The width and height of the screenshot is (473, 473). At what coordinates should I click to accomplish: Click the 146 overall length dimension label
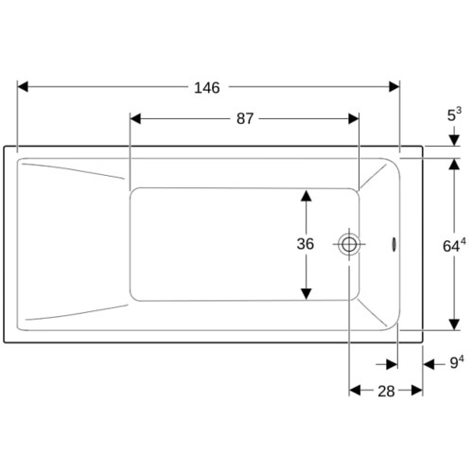207,88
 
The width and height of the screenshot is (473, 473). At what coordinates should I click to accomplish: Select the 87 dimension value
245,119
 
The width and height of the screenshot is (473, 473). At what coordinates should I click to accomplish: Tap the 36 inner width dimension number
306,244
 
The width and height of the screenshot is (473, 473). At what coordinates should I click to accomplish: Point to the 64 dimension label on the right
454,245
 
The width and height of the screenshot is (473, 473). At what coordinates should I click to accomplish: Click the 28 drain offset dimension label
386,392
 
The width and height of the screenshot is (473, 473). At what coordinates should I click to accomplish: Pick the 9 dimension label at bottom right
457,362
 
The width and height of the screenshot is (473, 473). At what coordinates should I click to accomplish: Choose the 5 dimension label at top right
454,114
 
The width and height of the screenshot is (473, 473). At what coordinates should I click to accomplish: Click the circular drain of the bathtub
349,244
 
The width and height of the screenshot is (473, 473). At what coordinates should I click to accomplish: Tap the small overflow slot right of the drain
394,244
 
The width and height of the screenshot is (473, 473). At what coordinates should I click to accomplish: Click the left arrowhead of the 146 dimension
23,86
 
